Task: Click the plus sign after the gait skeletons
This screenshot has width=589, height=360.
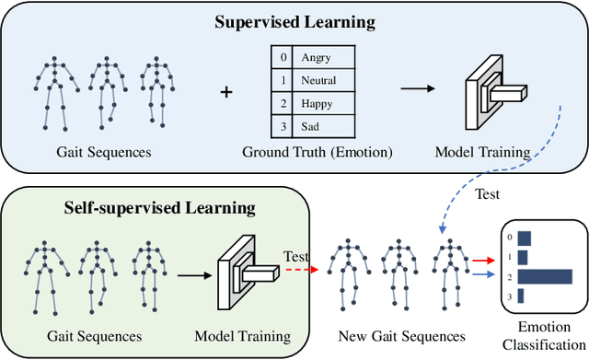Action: point(227,92)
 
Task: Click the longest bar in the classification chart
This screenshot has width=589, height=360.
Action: point(545,276)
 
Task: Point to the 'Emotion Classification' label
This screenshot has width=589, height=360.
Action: point(542,335)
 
